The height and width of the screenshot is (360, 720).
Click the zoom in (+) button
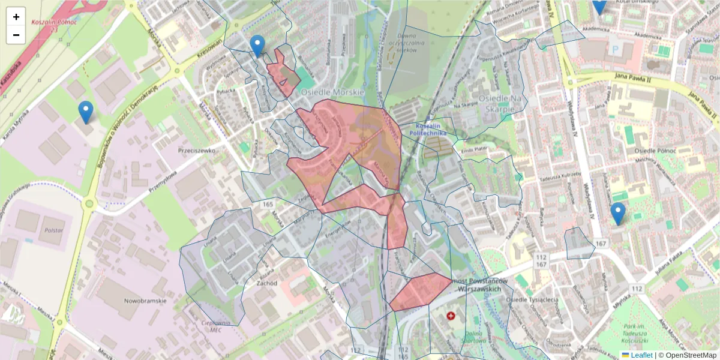point(16,17)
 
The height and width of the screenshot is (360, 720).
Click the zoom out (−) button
point(16,35)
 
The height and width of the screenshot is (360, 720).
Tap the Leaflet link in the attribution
point(641,355)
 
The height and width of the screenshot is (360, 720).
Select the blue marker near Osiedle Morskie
point(257,46)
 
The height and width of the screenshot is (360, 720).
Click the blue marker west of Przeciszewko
point(86,112)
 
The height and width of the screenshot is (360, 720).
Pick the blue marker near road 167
point(617,214)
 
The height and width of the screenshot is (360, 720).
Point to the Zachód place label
point(266,283)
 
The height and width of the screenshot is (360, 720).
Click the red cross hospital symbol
point(451,315)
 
